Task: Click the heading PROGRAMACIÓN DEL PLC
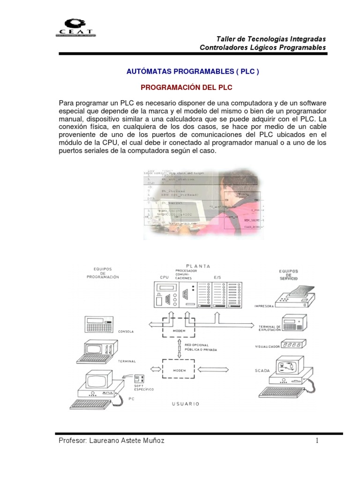(187, 88)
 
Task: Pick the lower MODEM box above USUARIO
(180, 369)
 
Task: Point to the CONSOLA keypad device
(99, 323)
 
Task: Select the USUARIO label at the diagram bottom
(186, 403)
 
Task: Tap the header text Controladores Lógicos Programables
(262, 47)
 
